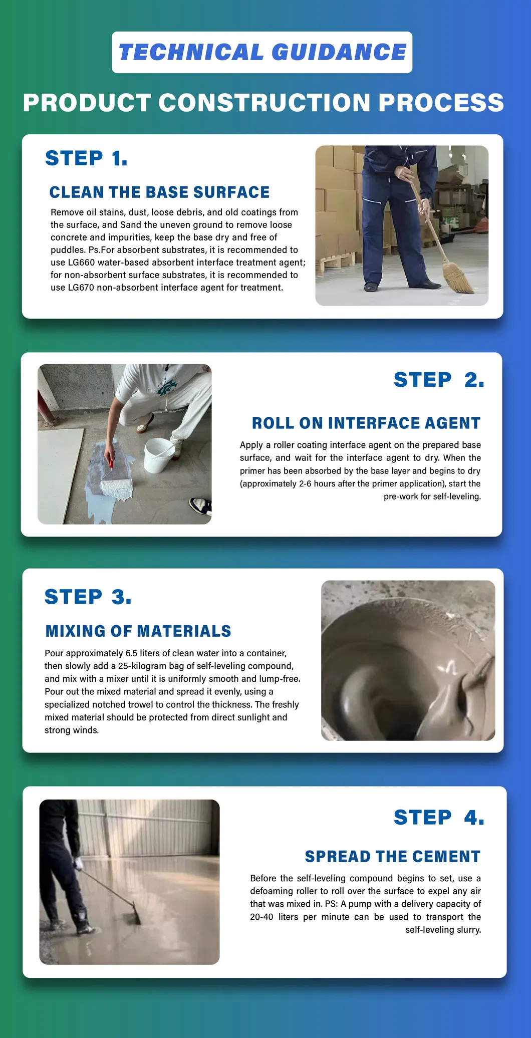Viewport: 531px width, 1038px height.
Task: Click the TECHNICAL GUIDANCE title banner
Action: [x=262, y=52]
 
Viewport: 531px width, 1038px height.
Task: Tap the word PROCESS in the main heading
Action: [x=441, y=103]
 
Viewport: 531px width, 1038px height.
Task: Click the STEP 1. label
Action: [x=86, y=158]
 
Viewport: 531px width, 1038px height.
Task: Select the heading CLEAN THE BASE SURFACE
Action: [x=159, y=192]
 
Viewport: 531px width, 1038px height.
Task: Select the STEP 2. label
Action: [x=438, y=380]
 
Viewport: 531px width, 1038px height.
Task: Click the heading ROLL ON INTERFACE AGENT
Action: [x=366, y=423]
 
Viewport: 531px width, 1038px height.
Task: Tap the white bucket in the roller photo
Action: [x=159, y=455]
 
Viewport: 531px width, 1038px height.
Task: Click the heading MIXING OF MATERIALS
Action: [x=138, y=631]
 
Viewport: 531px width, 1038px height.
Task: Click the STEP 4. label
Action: [x=438, y=818]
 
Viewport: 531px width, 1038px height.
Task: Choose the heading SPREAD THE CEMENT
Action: [x=392, y=857]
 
